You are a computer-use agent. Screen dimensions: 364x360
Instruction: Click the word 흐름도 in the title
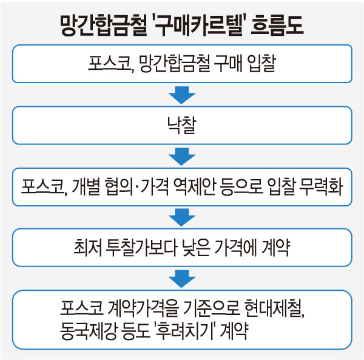[x=277, y=25]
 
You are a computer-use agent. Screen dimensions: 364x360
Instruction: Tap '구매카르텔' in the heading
[x=198, y=25]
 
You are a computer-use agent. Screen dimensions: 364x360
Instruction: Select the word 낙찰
[x=182, y=125]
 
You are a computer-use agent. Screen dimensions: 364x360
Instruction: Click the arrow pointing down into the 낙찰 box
[x=182, y=95]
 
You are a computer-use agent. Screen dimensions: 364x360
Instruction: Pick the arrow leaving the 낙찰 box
[x=182, y=157]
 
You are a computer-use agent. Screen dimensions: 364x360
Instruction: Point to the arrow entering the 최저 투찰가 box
[x=182, y=217]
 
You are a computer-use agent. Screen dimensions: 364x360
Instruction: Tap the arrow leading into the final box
[x=182, y=279]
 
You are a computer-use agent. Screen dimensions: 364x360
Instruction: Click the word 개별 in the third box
[x=86, y=187]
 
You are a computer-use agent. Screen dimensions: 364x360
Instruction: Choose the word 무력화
[x=322, y=187]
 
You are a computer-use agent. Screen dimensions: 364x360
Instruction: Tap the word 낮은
[x=197, y=248]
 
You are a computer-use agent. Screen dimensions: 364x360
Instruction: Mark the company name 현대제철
[x=274, y=308]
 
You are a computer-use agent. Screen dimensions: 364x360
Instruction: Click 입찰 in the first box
[x=261, y=63]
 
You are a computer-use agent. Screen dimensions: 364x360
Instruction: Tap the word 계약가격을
[x=144, y=308]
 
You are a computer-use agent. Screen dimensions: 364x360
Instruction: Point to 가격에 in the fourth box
[x=235, y=248]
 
